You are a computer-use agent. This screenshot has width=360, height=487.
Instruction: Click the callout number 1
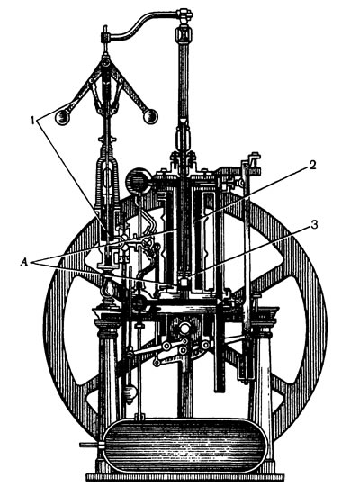coord(32,120)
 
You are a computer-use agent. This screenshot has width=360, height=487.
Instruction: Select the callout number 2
coord(312,165)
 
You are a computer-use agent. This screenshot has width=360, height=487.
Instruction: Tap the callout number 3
coord(314,224)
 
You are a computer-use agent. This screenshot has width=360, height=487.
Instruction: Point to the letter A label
coord(23,263)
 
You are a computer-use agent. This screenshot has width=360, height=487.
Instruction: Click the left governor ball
coord(62,117)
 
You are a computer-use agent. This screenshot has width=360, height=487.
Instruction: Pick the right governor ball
coord(150,116)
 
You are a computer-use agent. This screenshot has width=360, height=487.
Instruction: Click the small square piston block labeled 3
coord(184,283)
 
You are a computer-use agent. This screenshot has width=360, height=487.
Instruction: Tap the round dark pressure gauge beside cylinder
coord(138,181)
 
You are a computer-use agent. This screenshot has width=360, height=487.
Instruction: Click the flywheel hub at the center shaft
coord(184,328)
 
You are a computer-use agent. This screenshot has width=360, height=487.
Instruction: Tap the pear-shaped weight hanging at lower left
coord(130,392)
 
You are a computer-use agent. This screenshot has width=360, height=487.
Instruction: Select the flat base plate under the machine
coord(185,478)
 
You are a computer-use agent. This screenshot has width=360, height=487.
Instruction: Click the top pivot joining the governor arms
coord(106,63)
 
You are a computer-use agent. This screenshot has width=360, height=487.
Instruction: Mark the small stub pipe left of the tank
coord(91,445)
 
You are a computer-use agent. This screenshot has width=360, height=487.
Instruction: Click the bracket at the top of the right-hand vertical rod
coord(253,159)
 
